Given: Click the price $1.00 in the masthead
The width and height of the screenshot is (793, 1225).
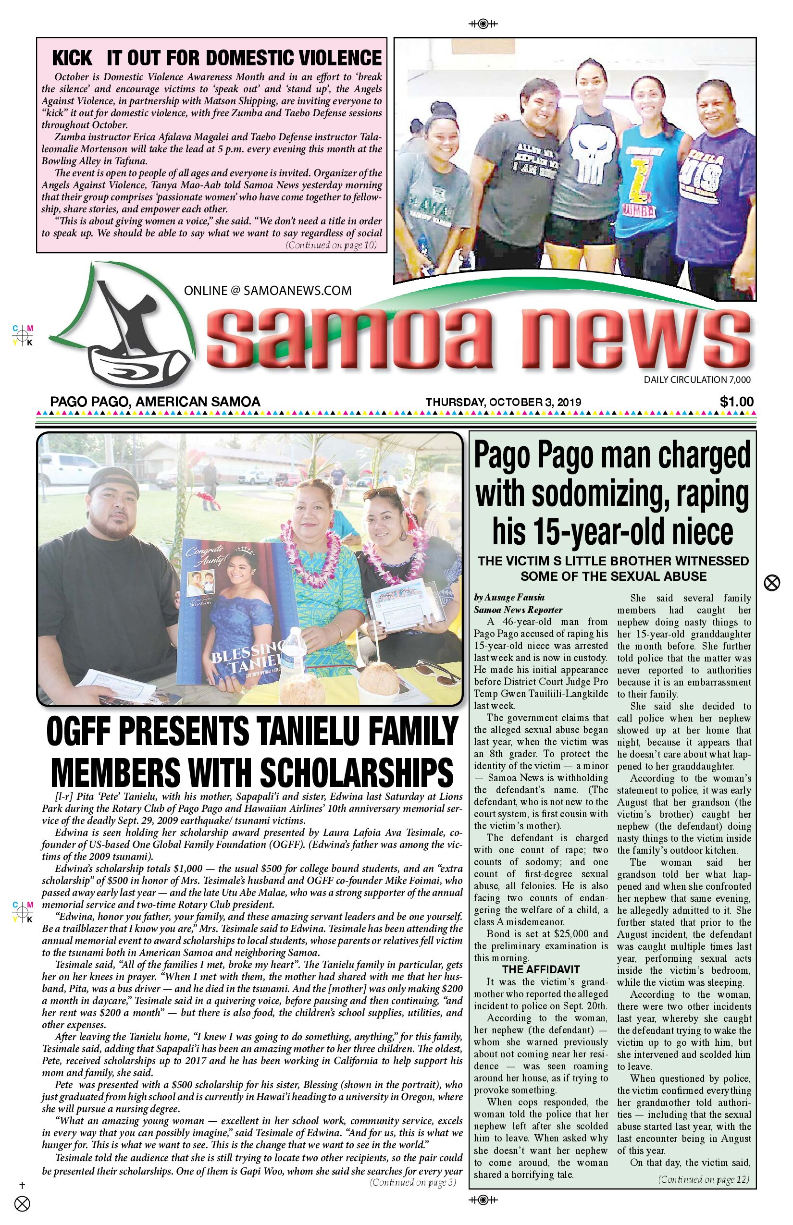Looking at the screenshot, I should click(x=736, y=402).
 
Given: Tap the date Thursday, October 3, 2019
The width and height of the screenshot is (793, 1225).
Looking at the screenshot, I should click(x=503, y=403).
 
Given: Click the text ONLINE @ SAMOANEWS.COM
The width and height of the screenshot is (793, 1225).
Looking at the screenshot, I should click(x=268, y=290).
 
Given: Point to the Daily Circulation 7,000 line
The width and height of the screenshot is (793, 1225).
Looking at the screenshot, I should click(x=697, y=380).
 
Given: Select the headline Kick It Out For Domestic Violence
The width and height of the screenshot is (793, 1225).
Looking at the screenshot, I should click(x=217, y=58).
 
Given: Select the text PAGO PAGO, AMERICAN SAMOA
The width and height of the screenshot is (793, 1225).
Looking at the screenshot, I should click(x=155, y=402).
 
